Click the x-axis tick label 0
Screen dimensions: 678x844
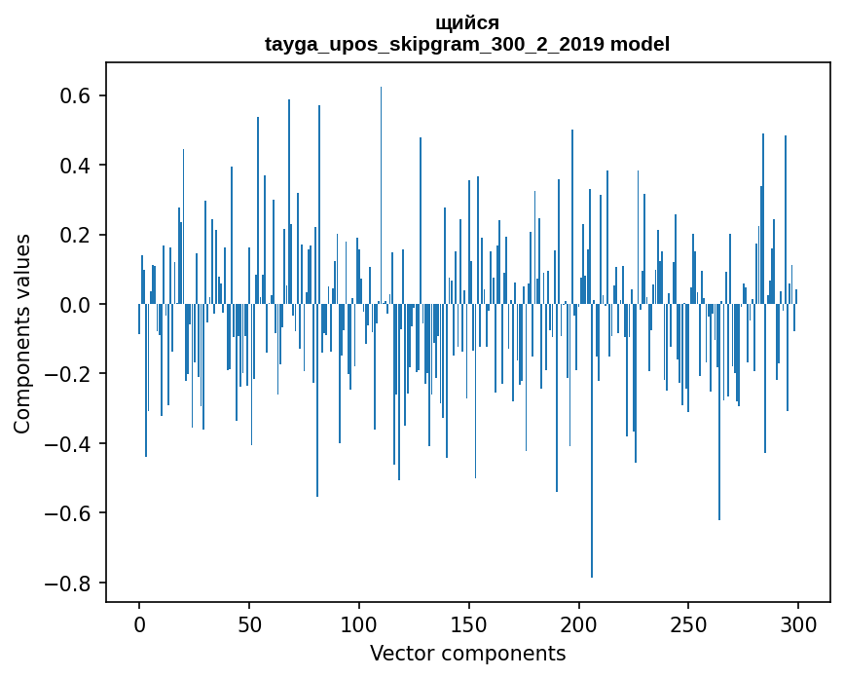pyautogui.click(x=139, y=623)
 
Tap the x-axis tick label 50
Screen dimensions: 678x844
pyautogui.click(x=249, y=623)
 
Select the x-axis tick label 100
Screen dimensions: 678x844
pyautogui.click(x=359, y=623)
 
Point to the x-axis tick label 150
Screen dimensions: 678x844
pyautogui.click(x=468, y=623)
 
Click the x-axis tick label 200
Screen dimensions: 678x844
pyautogui.click(x=578, y=623)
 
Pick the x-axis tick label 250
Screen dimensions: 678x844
pyautogui.click(x=688, y=623)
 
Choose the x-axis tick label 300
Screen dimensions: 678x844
pyautogui.click(x=798, y=623)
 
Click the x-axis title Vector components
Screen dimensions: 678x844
pyautogui.click(x=467, y=653)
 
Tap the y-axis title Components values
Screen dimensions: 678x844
pyautogui.click(x=22, y=332)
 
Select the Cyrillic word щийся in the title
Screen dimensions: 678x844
pyautogui.click(x=467, y=23)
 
